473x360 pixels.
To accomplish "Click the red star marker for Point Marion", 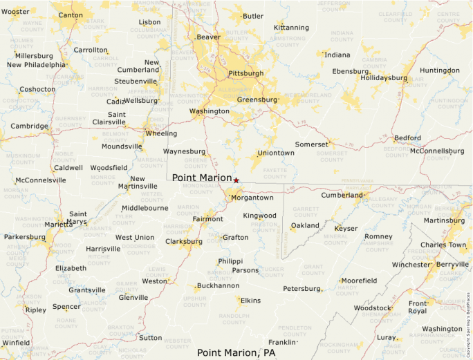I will (236, 180).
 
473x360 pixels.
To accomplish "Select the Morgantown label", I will (252, 198).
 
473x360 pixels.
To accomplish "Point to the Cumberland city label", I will (342, 196).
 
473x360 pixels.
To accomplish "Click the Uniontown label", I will (276, 153).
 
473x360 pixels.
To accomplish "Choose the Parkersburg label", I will (24, 237).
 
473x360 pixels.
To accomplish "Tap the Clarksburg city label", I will (184, 242).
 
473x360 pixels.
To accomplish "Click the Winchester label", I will (411, 265).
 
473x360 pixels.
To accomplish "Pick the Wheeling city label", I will (160, 133).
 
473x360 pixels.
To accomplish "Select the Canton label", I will (71, 15).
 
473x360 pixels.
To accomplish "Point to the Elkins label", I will (250, 301).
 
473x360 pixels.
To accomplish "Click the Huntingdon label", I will (439, 70).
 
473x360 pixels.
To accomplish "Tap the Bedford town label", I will (407, 138).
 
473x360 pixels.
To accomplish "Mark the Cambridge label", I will (29, 126).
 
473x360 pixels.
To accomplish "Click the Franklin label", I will (282, 342).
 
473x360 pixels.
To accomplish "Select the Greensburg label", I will (257, 100).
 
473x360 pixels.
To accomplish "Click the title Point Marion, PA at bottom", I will (236, 352).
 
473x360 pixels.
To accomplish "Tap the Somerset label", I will (311, 144).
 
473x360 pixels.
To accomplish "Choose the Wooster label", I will (16, 12).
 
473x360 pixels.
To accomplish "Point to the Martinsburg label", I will (444, 221).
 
